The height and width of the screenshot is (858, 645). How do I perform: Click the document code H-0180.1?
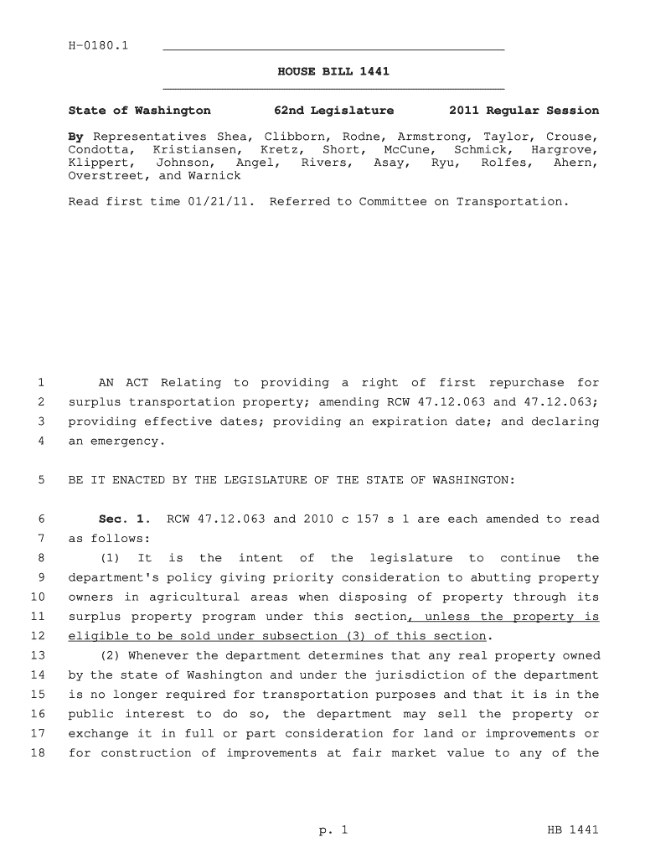(x=98, y=45)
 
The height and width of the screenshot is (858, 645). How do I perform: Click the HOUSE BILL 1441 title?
(x=333, y=72)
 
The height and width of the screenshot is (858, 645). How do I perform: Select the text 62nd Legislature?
(x=334, y=111)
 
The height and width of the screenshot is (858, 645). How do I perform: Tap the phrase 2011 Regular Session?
(x=524, y=111)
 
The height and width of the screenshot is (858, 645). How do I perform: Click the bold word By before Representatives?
(x=75, y=137)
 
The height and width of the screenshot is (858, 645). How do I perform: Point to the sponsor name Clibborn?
(x=291, y=137)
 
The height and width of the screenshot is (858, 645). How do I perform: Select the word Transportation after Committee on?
(x=511, y=202)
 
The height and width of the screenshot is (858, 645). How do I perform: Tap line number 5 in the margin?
(x=41, y=480)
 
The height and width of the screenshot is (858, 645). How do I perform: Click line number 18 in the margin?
(x=37, y=752)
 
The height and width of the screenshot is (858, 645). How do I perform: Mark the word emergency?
(x=125, y=441)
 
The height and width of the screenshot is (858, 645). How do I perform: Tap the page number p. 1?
(x=333, y=830)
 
